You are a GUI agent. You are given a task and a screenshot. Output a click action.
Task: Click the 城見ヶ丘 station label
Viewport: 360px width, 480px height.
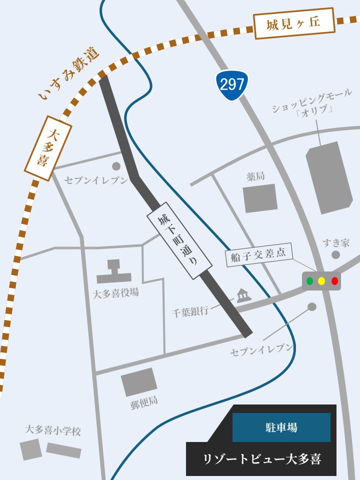tap(293, 23)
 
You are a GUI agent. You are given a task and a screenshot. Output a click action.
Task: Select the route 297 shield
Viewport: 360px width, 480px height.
tap(232, 84)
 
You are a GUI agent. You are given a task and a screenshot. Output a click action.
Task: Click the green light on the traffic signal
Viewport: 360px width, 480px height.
tap(309, 281)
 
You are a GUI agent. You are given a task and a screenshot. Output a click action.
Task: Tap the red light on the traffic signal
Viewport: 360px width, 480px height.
tap(334, 281)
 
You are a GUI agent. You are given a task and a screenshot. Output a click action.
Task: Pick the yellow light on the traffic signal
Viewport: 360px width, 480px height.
tap(321, 281)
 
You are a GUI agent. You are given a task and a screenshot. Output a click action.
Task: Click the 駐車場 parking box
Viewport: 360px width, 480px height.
tap(281, 427)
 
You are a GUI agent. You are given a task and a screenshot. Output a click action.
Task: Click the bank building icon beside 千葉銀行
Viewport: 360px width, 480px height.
tap(243, 295)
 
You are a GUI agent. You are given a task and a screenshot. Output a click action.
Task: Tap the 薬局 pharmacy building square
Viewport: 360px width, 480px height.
tap(260, 198)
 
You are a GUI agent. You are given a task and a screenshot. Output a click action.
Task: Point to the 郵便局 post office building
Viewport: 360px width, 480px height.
tap(139, 382)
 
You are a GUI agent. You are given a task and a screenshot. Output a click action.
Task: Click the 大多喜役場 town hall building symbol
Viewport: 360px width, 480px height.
tap(114, 272)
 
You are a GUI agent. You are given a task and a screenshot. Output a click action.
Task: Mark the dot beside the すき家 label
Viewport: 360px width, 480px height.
tap(335, 255)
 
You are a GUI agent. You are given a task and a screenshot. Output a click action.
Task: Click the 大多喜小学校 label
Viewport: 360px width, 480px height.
tap(53, 430)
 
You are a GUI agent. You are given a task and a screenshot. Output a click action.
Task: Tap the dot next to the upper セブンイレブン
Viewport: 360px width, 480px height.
tap(116, 166)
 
